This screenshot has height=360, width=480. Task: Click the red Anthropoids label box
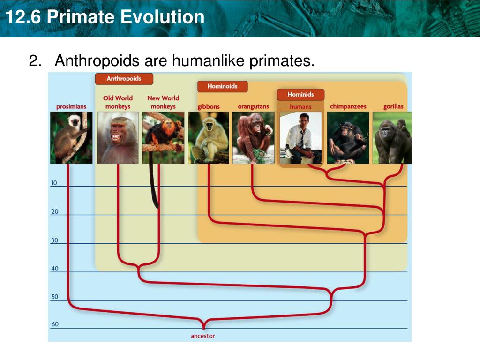pyautogui.click(x=124, y=79)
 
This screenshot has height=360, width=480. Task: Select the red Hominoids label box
pyautogui.click(x=222, y=86)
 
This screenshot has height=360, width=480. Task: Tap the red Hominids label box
pyautogui.click(x=300, y=95)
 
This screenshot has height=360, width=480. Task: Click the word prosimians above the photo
pyautogui.click(x=71, y=106)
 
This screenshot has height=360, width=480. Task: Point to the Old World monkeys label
pyautogui.click(x=118, y=102)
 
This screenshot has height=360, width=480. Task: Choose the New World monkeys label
pyautogui.click(x=163, y=102)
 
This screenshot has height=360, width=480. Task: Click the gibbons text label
pyautogui.click(x=209, y=106)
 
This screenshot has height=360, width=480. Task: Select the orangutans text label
pyautogui.click(x=253, y=106)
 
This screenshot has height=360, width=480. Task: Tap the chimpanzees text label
pyautogui.click(x=348, y=106)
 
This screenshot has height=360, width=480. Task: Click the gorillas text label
pyautogui.click(x=393, y=106)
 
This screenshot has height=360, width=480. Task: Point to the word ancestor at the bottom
pyautogui.click(x=203, y=336)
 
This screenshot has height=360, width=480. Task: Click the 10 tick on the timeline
pyautogui.click(x=54, y=183)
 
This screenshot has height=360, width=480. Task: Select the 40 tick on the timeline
pyautogui.click(x=55, y=269)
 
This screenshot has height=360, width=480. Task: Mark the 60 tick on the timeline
pyautogui.click(x=55, y=324)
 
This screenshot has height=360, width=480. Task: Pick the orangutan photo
pyautogui.click(x=253, y=137)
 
